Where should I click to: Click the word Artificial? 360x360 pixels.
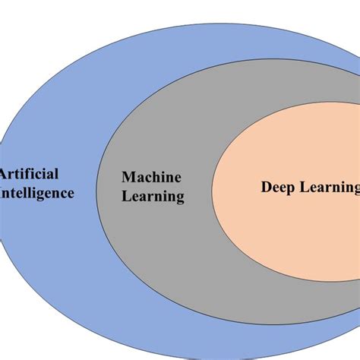[x=30, y=174]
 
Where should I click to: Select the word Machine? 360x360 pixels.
[x=152, y=178]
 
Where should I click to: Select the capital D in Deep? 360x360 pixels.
[x=266, y=186]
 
